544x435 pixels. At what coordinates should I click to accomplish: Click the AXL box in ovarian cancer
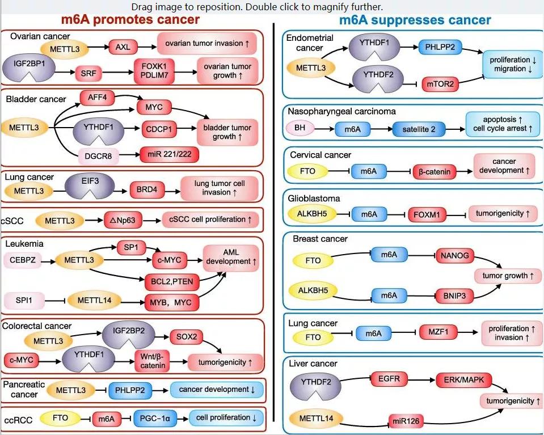pos(123,48)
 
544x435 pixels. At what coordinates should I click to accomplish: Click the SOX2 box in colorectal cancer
pos(186,337)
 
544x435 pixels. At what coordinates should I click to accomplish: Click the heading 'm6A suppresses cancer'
pos(415,20)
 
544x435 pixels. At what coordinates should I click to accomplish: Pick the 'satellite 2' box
pos(419,129)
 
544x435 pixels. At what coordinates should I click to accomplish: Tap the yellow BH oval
pos(300,129)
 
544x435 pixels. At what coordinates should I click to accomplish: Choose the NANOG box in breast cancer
pos(454,256)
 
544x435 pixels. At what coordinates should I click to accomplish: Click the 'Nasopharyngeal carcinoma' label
pos(341,111)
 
